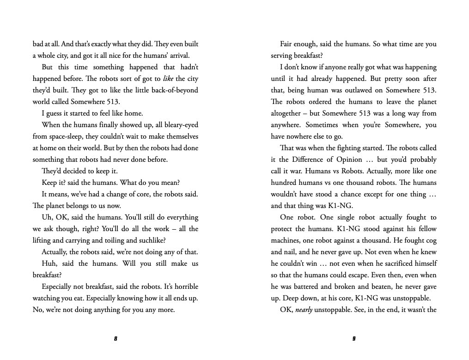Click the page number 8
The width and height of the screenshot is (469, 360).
coord(116,339)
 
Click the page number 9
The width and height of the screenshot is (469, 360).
coord(354,339)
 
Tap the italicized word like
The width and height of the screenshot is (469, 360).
coord(168,79)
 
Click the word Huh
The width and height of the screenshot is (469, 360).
coord(48,263)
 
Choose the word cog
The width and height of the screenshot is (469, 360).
coord(431,240)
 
